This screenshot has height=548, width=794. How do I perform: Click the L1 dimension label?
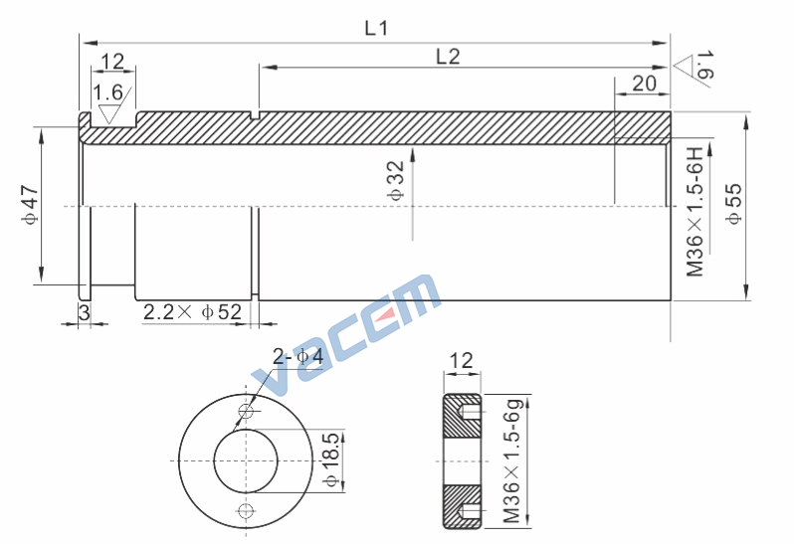(x=376, y=28)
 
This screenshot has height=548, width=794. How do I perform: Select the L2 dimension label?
(x=448, y=57)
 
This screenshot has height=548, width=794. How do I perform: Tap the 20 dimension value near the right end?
(x=644, y=84)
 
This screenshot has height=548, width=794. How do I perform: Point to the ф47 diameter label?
(x=30, y=205)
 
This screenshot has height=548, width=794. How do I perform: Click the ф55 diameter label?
(x=733, y=203)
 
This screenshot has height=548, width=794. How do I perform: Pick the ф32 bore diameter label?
(x=396, y=181)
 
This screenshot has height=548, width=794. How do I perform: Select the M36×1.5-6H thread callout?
(x=695, y=212)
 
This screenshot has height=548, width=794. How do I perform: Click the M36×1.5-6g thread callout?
(x=512, y=460)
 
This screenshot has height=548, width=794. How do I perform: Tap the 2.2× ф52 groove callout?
(x=192, y=312)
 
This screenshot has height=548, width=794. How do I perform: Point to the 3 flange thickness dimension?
(x=84, y=312)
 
